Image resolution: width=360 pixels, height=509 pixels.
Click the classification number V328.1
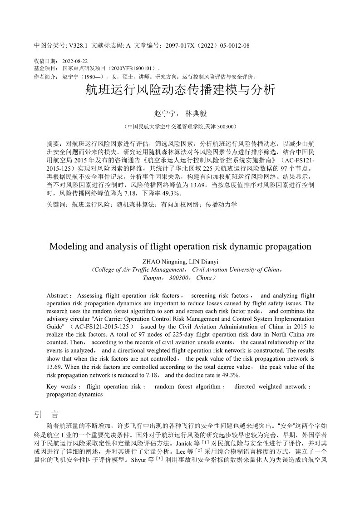78,46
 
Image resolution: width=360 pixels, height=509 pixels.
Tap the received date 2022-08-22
75,61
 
